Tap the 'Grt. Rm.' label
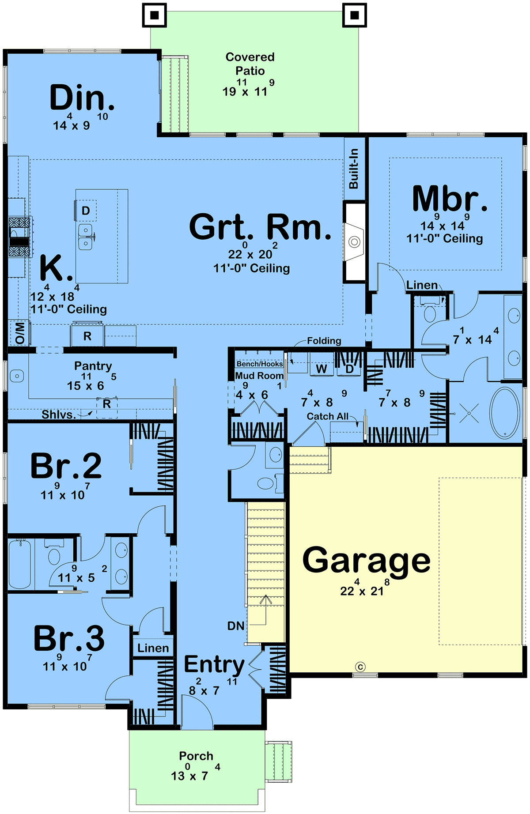tap(260, 227)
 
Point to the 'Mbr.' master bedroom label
tap(450, 198)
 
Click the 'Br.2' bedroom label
tap(66, 466)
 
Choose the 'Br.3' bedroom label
tap(69, 638)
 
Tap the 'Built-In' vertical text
tap(354, 169)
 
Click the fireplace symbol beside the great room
tap(354, 241)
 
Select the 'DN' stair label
tap(236, 626)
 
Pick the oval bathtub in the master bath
tap(506, 413)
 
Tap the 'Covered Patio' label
tap(250, 64)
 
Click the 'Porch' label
tap(196, 756)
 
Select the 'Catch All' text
tap(328, 416)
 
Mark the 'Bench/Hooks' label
tap(260, 364)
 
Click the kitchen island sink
tap(86, 237)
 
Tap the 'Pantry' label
tap(93, 366)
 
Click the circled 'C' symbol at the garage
tap(360, 667)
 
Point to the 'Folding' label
tap(324, 340)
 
